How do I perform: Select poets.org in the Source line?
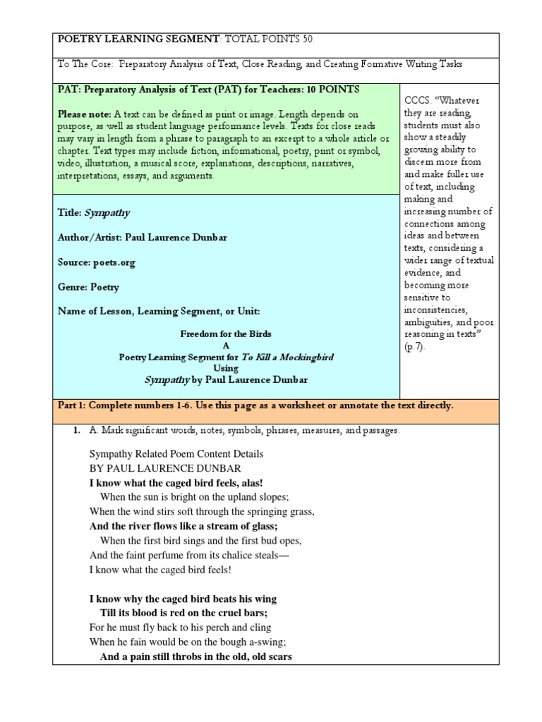point(114,262)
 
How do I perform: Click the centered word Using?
point(227,368)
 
